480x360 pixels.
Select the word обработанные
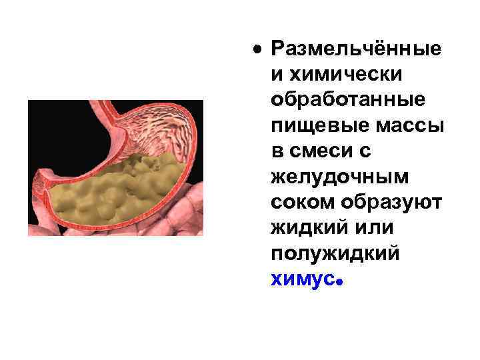pos(347,100)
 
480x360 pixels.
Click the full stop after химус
pos(339,283)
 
